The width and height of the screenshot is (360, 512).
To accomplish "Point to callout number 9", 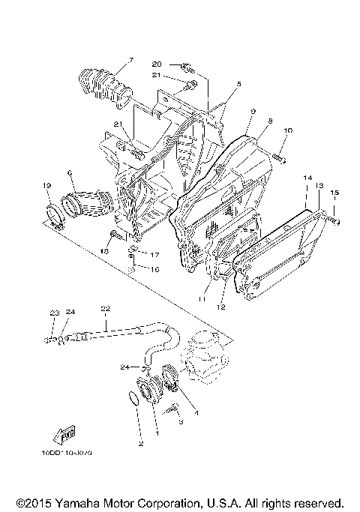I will click(253, 110).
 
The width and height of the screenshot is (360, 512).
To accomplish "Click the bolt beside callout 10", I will click(279, 157).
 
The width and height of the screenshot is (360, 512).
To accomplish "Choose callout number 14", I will click(307, 178).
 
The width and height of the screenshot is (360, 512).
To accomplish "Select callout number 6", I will click(69, 173).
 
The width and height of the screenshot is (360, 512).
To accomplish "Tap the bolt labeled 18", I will click(113, 237).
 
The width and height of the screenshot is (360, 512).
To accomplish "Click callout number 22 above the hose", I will click(105, 308).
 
